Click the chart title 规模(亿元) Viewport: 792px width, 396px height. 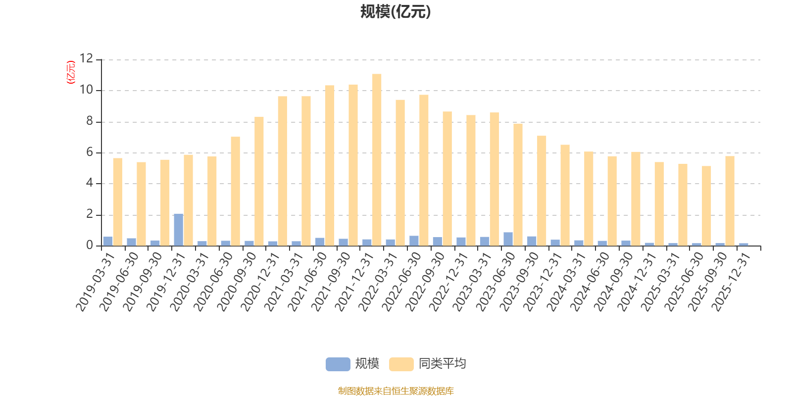pos(396,12)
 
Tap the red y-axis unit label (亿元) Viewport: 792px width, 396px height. pos(71,72)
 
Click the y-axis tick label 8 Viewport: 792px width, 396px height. pos(90,121)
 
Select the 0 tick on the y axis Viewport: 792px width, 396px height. pos(90,246)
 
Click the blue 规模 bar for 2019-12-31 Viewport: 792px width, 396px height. pos(178,230)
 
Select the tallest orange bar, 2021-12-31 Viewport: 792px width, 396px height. pos(377,159)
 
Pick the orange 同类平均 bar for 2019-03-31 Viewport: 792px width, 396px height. pos(117,201)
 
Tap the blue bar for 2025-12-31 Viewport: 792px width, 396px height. pos(743,244)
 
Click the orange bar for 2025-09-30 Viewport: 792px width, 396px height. pos(730,200)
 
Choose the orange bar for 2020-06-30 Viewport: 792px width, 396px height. pos(235,191)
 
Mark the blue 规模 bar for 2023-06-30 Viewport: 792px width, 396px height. pos(508,239)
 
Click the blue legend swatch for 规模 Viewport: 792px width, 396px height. pos(338,364)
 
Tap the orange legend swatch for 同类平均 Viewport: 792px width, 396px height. pos(401,364)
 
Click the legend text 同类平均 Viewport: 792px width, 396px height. pos(442,364)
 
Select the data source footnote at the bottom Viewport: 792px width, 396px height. pos(396,391)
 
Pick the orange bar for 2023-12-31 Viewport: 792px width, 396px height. pos(565,195)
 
